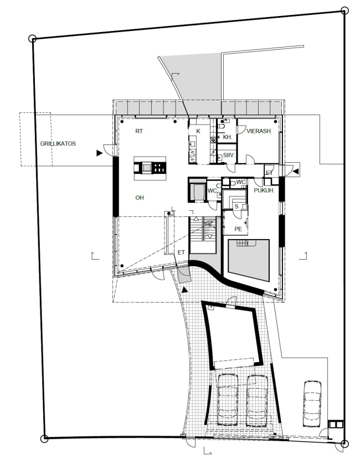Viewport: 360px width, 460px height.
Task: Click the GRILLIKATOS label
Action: [x=58, y=143]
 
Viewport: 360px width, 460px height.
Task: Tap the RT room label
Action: [x=139, y=131]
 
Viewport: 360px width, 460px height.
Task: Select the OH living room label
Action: [x=140, y=198]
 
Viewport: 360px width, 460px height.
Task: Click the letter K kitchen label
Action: [x=198, y=131]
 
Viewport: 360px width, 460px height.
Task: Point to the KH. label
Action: [x=228, y=137]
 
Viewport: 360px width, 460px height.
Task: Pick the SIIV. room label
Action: [x=229, y=155]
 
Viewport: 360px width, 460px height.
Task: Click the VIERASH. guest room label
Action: [x=259, y=131]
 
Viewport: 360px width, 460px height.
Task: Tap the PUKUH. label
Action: [x=264, y=190]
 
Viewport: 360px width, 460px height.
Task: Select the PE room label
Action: [x=238, y=229]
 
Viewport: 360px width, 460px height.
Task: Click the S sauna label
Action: [x=236, y=206]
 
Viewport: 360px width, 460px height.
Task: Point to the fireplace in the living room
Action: [x=150, y=168]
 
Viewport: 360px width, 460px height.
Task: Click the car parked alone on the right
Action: [x=312, y=404]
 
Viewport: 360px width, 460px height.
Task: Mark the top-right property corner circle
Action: [x=344, y=11]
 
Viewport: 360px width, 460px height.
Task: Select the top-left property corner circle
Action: [x=33, y=39]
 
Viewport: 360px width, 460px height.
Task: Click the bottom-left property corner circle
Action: [x=44, y=438]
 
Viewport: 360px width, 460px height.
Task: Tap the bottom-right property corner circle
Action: [x=344, y=443]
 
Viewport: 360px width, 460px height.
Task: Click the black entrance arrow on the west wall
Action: [x=99, y=153]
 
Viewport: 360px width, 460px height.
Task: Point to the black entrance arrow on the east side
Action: [x=296, y=171]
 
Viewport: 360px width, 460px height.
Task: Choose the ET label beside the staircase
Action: [x=181, y=252]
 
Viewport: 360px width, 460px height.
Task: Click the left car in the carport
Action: [x=228, y=399]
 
